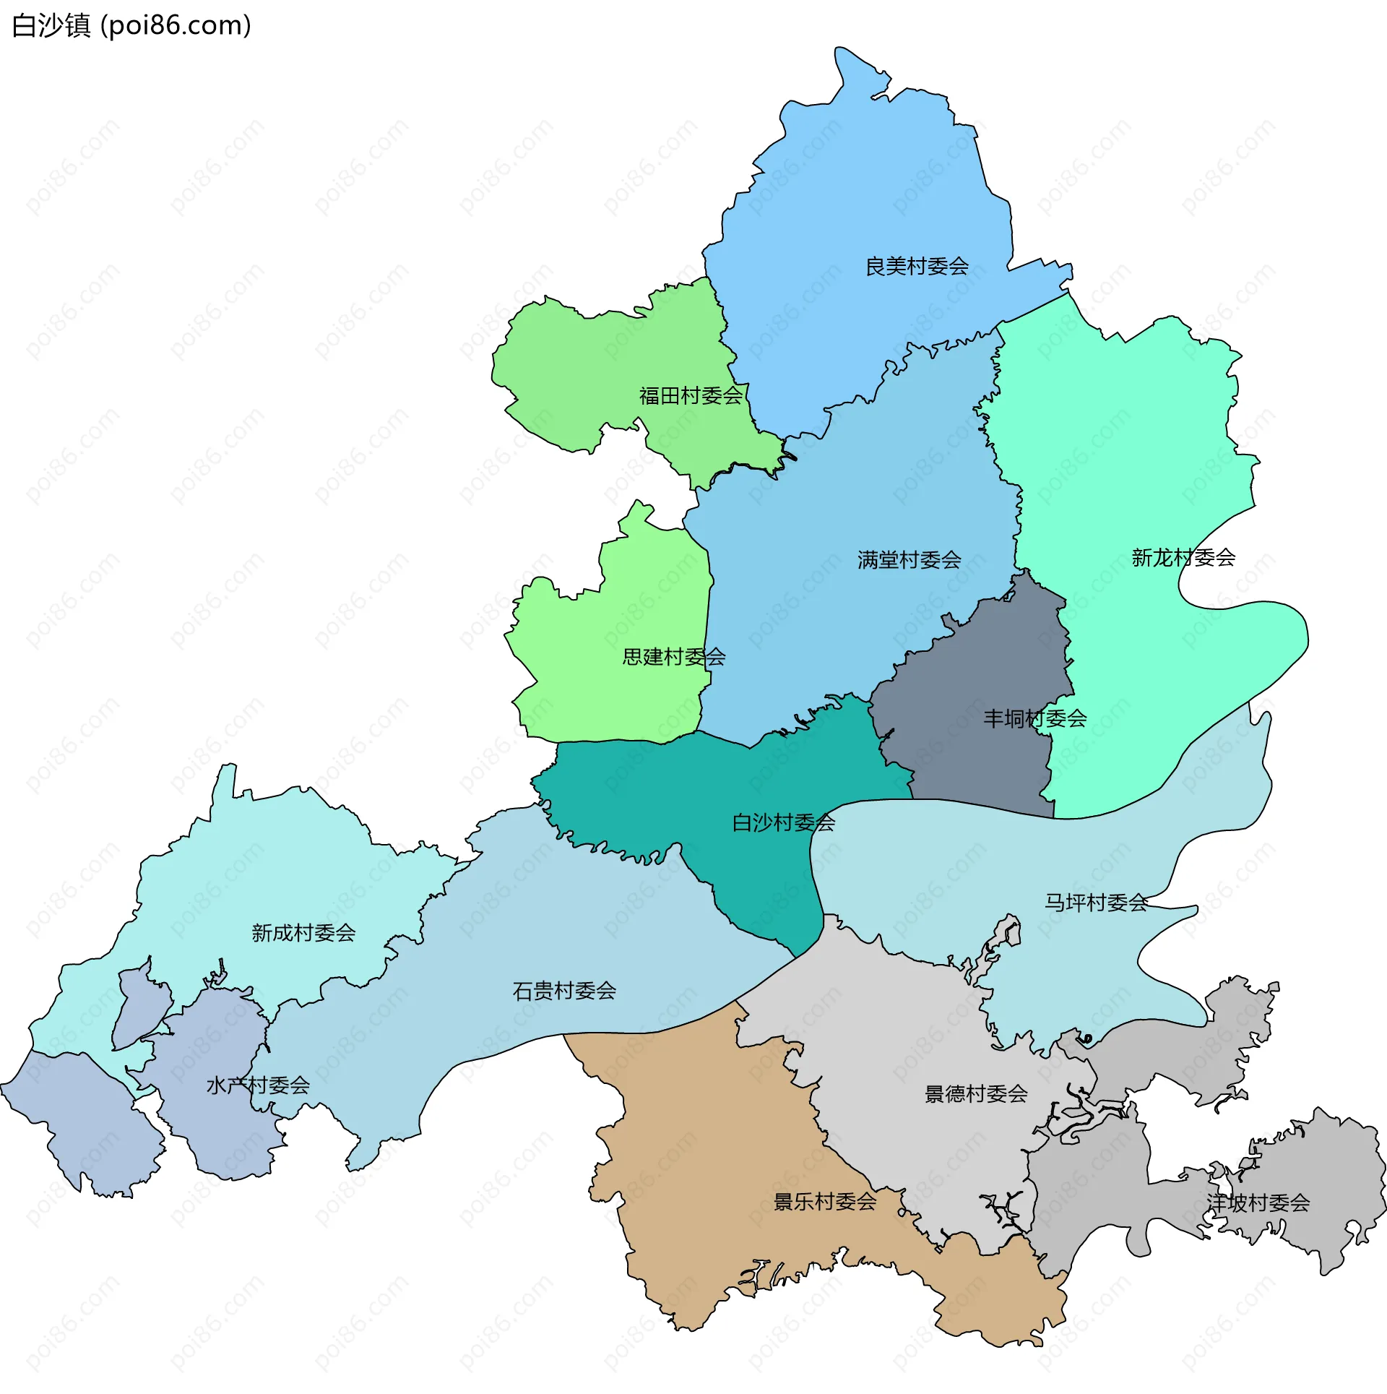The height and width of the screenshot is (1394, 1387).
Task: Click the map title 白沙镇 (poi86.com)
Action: [131, 26]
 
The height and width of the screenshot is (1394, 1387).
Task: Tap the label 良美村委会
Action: [917, 267]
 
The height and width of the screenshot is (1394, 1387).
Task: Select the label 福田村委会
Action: [691, 396]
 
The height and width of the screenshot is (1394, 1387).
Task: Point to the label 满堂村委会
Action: [909, 560]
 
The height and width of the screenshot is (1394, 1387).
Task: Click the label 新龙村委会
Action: [1183, 558]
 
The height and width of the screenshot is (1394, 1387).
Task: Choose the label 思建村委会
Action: [674, 657]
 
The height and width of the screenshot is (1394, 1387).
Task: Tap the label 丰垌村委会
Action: [1034, 718]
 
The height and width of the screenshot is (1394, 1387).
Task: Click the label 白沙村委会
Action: [783, 822]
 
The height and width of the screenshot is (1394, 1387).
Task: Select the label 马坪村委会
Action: [1096, 902]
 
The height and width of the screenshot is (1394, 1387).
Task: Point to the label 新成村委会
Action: [303, 933]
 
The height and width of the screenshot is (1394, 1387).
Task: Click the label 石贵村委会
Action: [564, 991]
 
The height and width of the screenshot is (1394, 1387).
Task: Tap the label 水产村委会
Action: [258, 1085]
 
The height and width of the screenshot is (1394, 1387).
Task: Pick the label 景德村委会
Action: [976, 1093]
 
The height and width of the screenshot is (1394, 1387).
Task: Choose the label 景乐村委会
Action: [825, 1201]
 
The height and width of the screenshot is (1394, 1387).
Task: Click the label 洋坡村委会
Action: [1258, 1202]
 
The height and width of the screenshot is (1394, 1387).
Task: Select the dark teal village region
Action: [722, 788]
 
